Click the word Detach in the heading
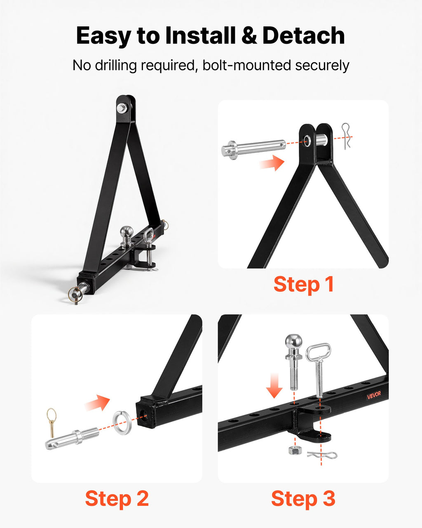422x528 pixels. click(304, 35)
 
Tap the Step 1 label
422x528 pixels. click(303, 284)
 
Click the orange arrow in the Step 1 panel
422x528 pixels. click(272, 162)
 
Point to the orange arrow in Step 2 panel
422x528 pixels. click(97, 402)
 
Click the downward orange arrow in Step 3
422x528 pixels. click(274, 385)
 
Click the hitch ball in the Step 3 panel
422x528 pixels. click(293, 362)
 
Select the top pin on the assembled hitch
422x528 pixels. click(122, 108)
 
